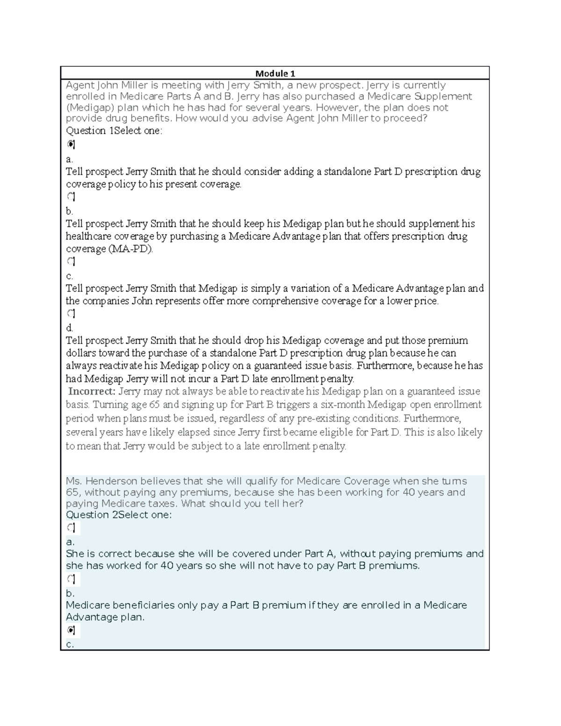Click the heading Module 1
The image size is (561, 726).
275,73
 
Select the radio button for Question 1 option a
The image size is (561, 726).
71,144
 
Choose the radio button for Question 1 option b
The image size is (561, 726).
71,196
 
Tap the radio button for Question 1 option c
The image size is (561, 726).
71,261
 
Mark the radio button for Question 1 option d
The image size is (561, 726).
71,313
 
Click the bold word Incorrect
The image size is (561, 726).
92,391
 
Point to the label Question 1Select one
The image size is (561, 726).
114,131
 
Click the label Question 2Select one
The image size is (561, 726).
119,515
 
